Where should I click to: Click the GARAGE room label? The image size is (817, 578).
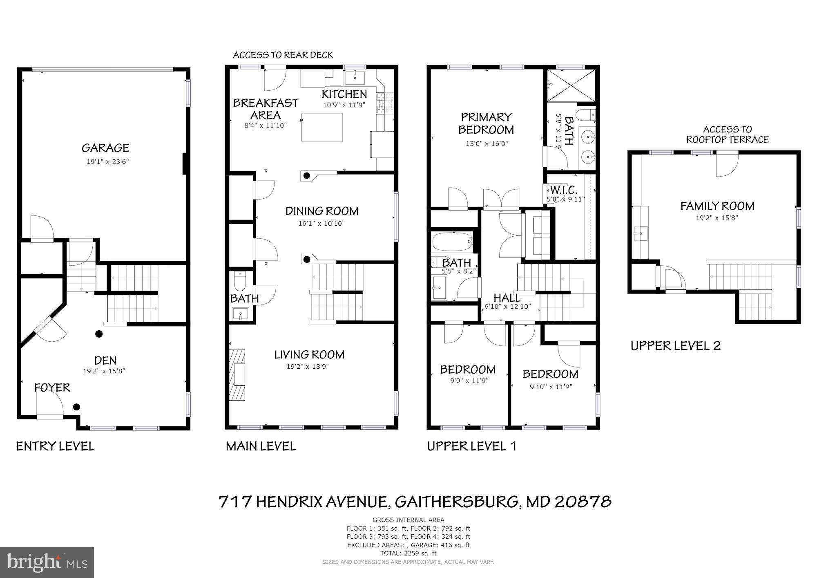click(105, 148)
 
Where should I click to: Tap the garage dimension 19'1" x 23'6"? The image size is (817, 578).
click(107, 162)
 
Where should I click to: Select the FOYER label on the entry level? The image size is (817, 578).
click(52, 388)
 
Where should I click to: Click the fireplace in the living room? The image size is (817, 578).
click(237, 374)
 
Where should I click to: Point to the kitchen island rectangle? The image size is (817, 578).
click(322, 128)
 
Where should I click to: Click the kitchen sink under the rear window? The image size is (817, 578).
click(355, 77)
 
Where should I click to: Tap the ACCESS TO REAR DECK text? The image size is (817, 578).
click(283, 55)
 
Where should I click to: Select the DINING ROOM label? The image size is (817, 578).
click(322, 211)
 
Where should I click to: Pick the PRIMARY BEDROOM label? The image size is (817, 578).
click(486, 123)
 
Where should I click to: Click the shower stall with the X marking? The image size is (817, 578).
click(571, 86)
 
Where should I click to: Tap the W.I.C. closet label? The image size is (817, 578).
click(563, 190)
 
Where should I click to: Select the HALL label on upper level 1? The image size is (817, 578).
click(507, 298)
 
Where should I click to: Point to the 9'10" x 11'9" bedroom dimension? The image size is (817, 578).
click(551, 387)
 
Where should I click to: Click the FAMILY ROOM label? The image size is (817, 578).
click(717, 206)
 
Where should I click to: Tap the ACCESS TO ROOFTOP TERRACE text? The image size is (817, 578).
click(727, 134)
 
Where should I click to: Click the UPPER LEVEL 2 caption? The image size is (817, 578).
click(675, 346)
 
